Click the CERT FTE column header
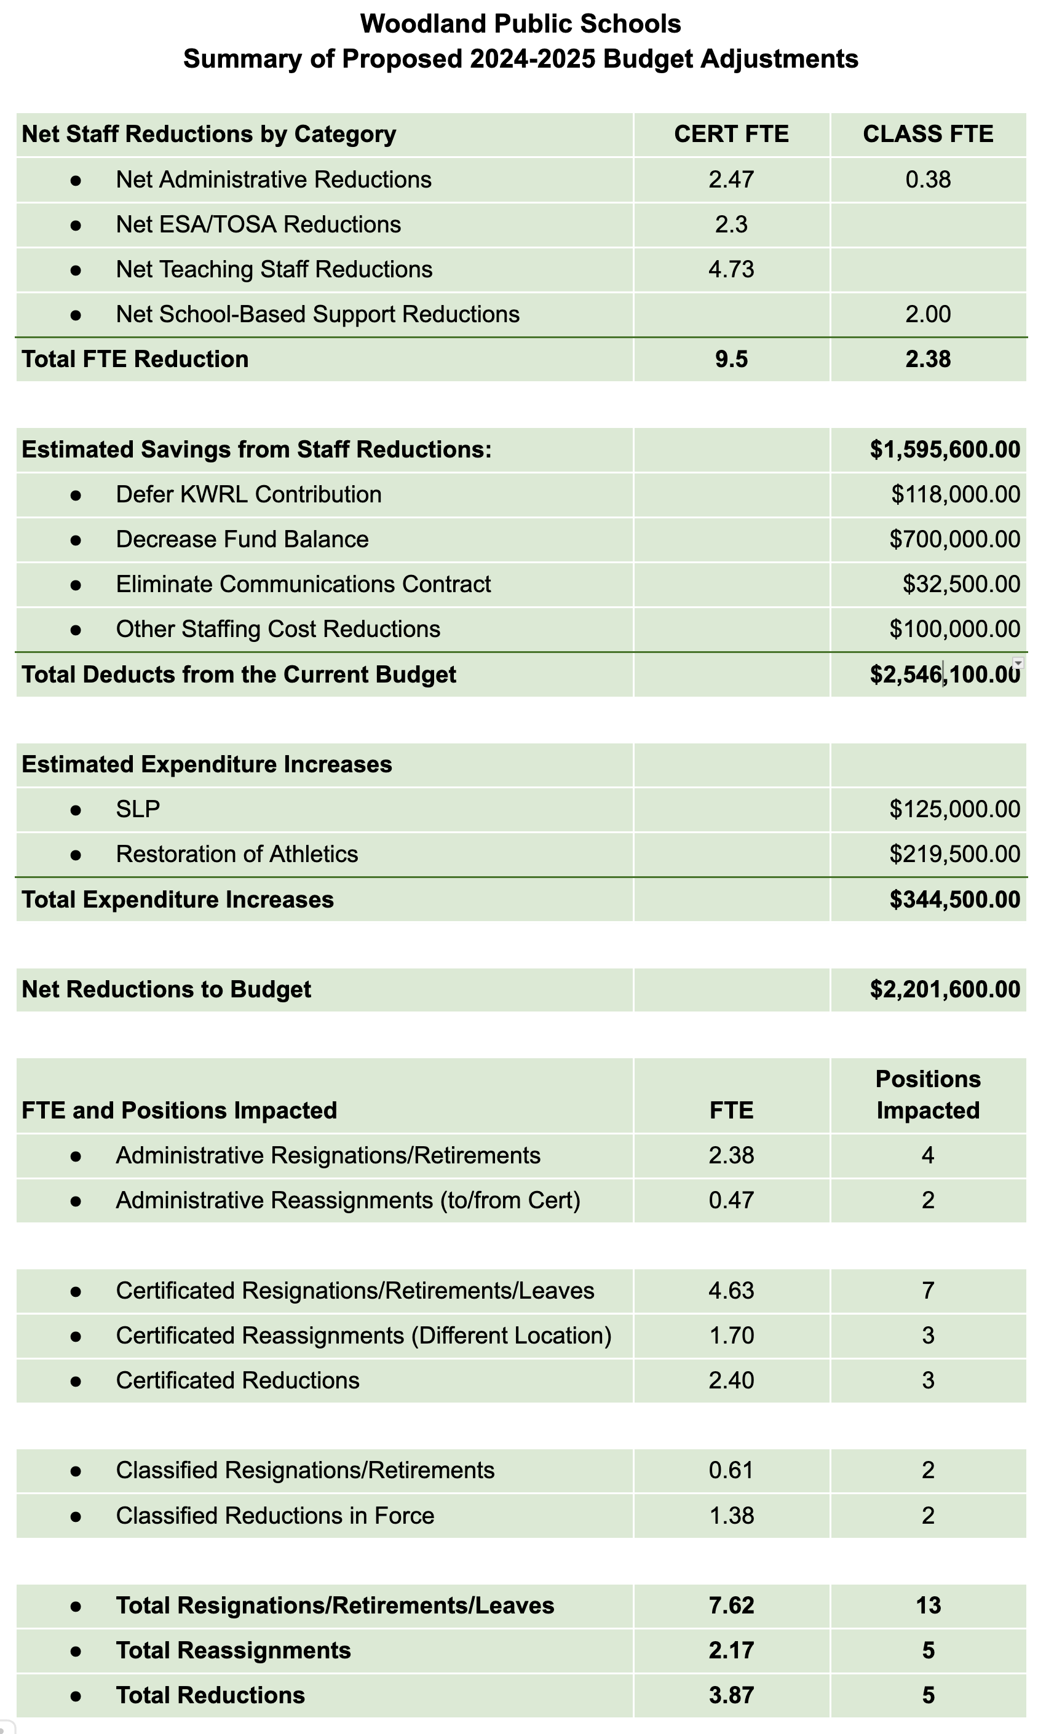[x=731, y=134]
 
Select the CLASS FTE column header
[x=927, y=134]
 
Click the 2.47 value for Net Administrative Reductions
[x=731, y=180]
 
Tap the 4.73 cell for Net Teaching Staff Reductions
[x=731, y=269]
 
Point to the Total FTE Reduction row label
[x=135, y=359]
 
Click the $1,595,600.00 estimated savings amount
[x=945, y=449]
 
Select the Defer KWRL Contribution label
[x=248, y=494]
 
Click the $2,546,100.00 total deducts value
[x=945, y=675]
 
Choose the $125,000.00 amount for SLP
[x=954, y=810]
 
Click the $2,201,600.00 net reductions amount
[x=945, y=989]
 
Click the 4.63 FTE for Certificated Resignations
[x=731, y=1291]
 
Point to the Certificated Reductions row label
[x=237, y=1380]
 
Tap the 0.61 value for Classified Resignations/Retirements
[x=731, y=1470]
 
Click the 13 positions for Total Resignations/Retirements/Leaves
[x=927, y=1605]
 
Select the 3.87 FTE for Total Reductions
[x=731, y=1695]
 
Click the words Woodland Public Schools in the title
[x=520, y=25]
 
